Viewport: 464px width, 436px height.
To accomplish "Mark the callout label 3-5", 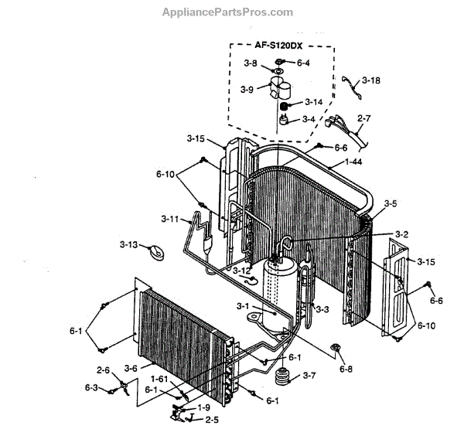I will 391,204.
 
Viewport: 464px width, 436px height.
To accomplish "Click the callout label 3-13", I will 128,245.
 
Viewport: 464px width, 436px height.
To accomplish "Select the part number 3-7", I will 309,376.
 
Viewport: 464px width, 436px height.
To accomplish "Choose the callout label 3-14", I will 313,102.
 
